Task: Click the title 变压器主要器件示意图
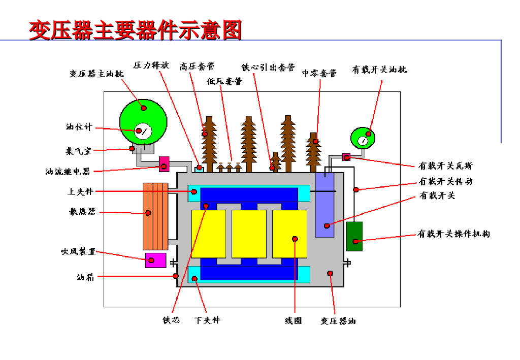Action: point(135,30)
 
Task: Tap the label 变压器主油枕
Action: point(96,73)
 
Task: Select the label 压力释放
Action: point(151,65)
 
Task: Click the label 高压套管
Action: point(198,67)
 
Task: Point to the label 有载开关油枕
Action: point(379,69)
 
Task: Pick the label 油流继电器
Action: point(68,171)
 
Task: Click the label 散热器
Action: point(82,211)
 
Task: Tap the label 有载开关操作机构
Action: point(453,234)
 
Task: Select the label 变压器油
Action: point(338,320)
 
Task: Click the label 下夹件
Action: point(207,320)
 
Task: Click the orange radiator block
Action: point(155,216)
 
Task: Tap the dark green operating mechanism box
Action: point(354,236)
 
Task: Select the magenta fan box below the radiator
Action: point(155,260)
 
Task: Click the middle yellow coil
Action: point(249,234)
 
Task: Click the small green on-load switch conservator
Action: point(363,138)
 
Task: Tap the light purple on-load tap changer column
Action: point(324,205)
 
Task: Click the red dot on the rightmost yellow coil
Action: point(295,239)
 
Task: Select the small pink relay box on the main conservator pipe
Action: point(164,164)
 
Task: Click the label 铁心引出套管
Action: point(268,68)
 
